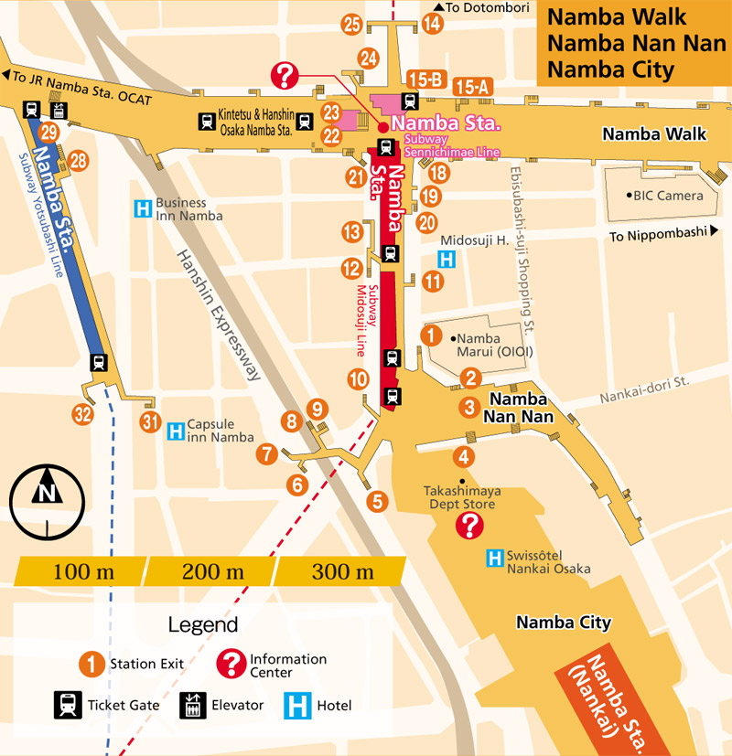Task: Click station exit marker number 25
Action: click(x=351, y=25)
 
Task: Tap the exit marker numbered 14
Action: click(x=433, y=25)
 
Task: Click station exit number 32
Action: click(x=83, y=414)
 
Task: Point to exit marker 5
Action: click(x=377, y=501)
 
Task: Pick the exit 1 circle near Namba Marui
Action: click(x=430, y=335)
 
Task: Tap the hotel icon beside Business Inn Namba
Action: click(x=143, y=209)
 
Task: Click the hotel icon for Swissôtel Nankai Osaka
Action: click(x=495, y=557)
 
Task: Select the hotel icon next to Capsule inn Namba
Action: click(x=176, y=430)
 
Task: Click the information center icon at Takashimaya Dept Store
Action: click(x=469, y=526)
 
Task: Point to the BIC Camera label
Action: click(x=667, y=196)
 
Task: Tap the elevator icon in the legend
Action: click(x=192, y=705)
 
